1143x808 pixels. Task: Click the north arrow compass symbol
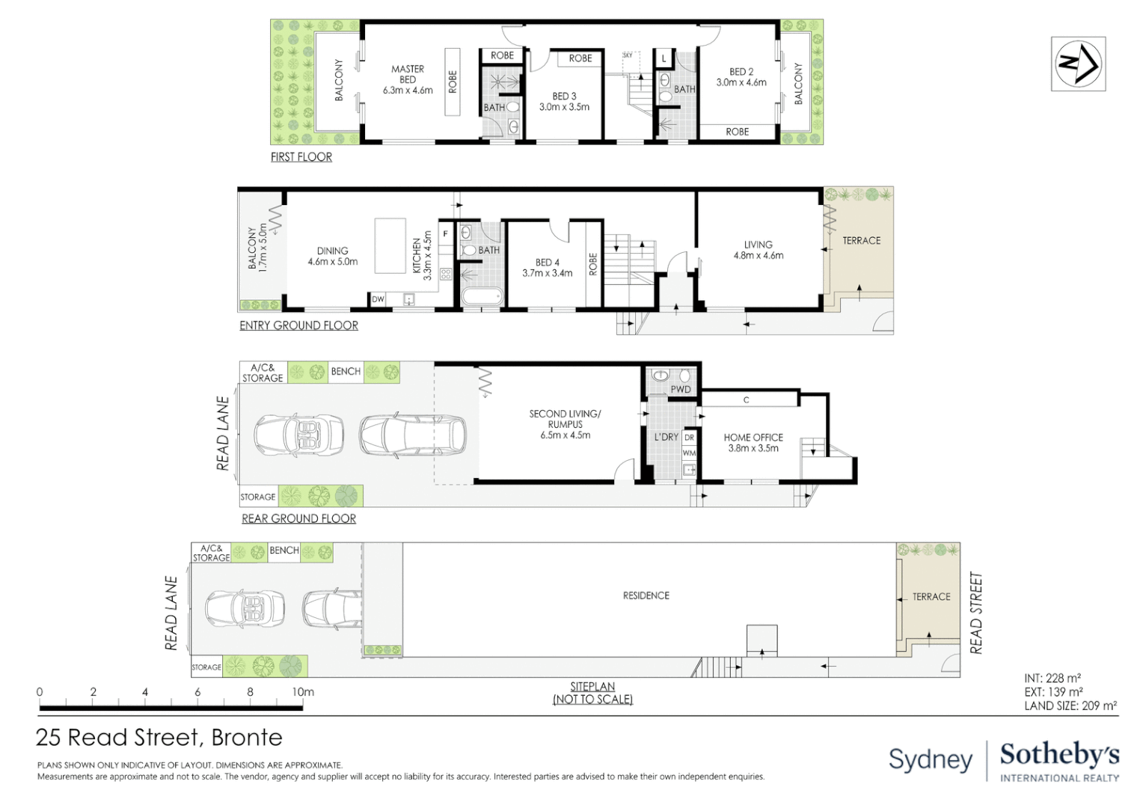1078,64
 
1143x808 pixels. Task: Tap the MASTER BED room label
408,74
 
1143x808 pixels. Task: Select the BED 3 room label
564,97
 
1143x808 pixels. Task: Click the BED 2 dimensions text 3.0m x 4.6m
741,83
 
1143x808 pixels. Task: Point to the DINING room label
332,251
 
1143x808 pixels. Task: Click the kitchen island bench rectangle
390,246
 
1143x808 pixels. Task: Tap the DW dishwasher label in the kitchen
379,299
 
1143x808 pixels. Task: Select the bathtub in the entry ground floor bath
481,297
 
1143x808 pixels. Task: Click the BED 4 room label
547,263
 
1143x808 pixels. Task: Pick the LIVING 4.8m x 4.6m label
758,250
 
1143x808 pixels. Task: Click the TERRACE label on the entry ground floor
861,241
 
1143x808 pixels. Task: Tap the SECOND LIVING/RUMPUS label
565,419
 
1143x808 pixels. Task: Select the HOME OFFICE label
753,438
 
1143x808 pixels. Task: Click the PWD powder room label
680,389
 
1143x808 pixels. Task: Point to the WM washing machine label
689,453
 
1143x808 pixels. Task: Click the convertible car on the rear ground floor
299,435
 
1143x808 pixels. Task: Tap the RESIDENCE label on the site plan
646,596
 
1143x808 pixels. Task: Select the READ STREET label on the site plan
975,613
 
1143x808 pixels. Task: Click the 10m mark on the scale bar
303,692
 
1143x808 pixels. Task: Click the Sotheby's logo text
1059,755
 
